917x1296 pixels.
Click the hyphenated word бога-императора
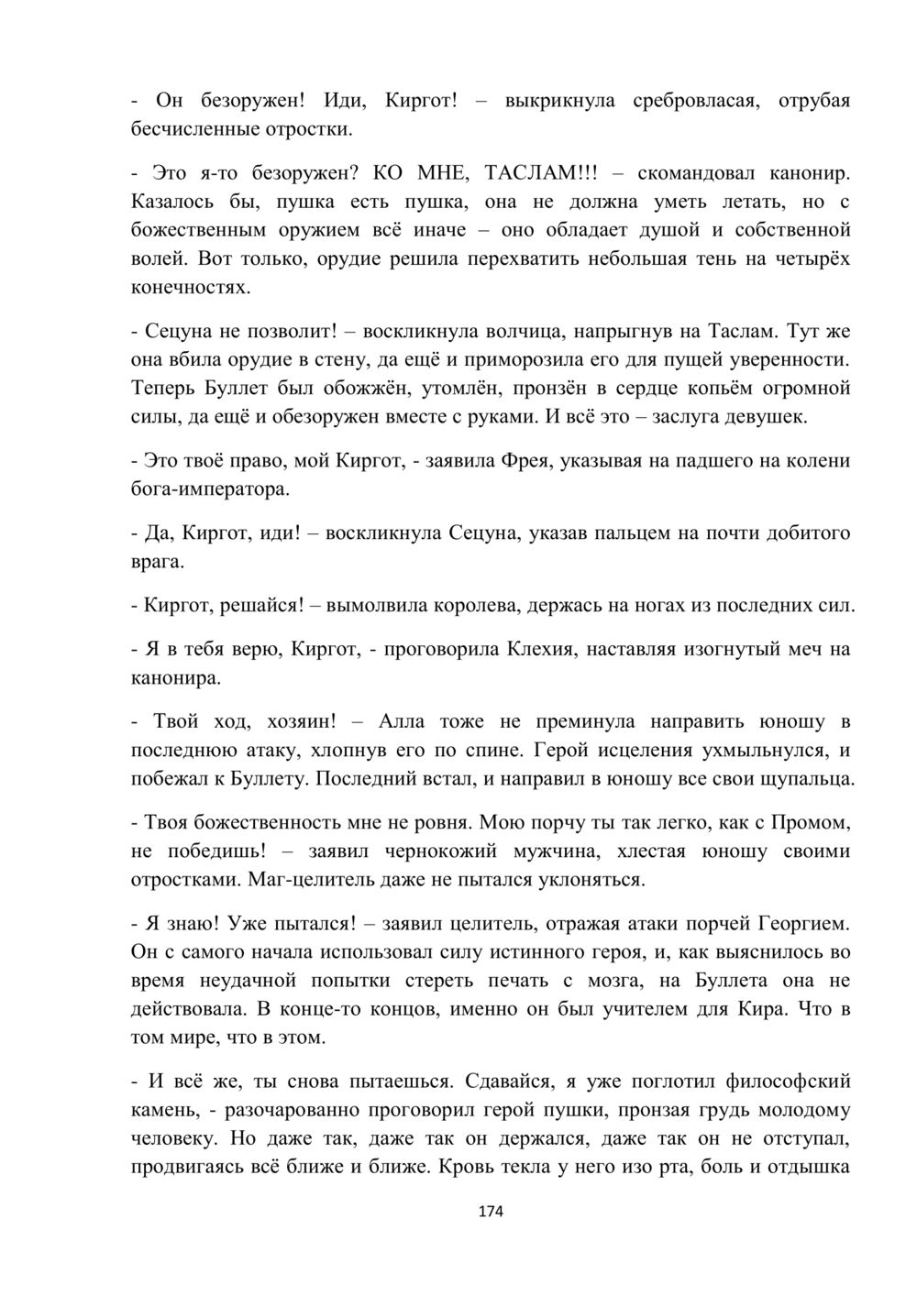pyautogui.click(x=210, y=489)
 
